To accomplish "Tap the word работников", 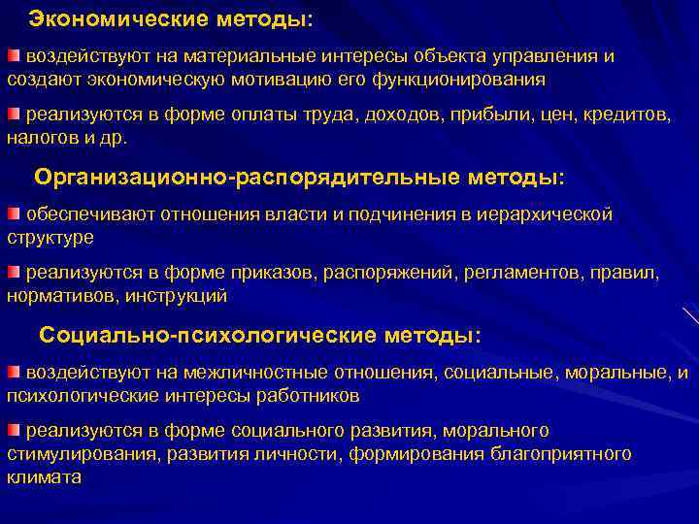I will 310,395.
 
